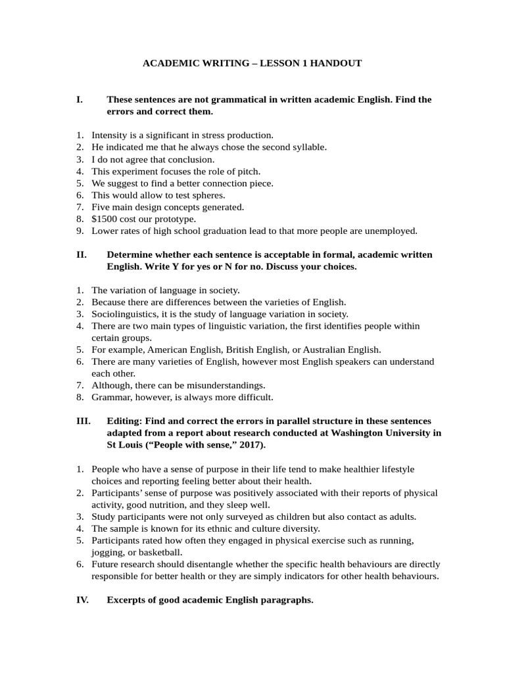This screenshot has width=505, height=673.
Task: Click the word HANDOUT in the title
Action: [336, 64]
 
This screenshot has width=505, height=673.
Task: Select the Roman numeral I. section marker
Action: [80, 100]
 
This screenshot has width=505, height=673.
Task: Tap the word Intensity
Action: [108, 135]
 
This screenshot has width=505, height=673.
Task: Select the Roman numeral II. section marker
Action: [82, 254]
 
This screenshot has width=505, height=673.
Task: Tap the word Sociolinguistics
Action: [122, 313]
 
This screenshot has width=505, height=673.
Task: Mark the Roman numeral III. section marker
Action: [84, 421]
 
